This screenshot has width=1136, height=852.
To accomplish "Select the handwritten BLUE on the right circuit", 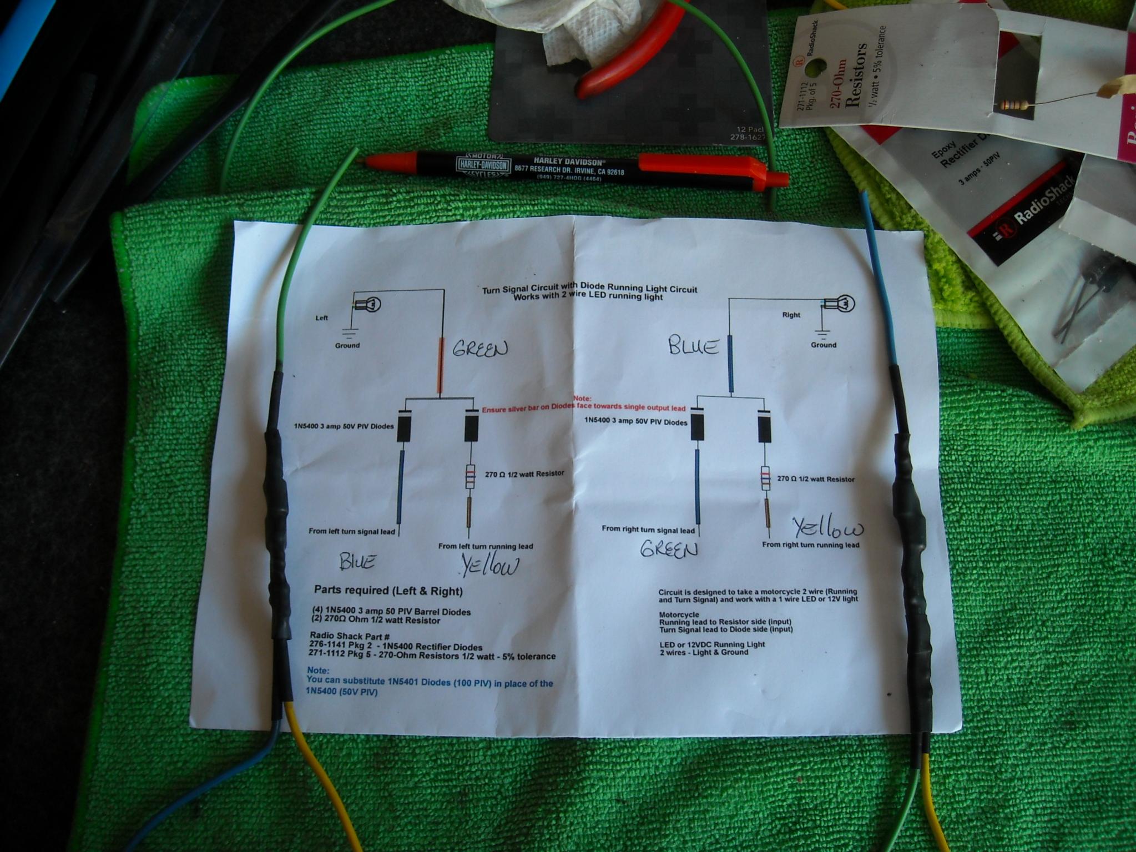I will click(x=694, y=347).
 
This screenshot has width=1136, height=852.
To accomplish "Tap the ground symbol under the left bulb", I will click(x=349, y=333).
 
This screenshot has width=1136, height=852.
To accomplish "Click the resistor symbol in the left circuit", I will click(x=470, y=477).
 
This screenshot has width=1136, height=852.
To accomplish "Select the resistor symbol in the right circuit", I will click(x=766, y=478).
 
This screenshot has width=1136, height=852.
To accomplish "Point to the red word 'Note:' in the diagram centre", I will click(x=582, y=399).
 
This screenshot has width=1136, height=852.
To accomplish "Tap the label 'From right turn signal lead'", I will click(x=648, y=530).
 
